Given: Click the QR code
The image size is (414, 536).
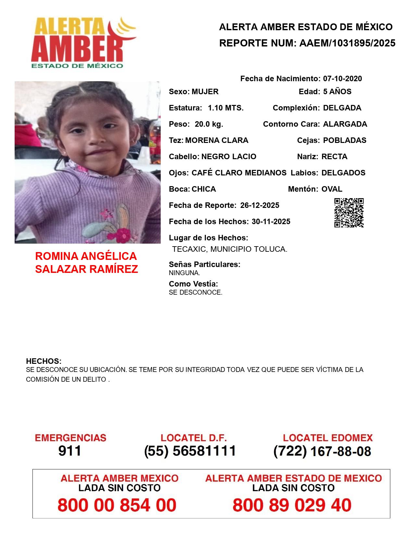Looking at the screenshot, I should point(349,213).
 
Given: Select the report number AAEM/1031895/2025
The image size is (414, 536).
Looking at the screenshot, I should point(347,43).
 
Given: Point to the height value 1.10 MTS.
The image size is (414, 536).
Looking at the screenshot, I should point(226,108).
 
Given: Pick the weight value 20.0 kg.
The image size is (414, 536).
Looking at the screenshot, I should point(209,124).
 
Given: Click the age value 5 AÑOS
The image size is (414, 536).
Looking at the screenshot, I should point(337,92).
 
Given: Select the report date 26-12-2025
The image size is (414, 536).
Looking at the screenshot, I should point(259,205).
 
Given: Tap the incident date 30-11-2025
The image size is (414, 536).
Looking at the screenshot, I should point(271,222).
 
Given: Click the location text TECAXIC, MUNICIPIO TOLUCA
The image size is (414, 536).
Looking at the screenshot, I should point(230,249).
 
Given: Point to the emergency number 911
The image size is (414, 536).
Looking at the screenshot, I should point(70,451).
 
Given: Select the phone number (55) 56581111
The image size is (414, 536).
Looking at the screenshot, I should point(190,451).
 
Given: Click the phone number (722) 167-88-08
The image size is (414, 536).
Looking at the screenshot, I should point(322,451).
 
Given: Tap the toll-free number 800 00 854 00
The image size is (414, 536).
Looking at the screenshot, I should point(117,505).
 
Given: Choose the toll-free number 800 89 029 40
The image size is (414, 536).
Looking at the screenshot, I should point(292,505).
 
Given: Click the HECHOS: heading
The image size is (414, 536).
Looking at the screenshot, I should point(44,361).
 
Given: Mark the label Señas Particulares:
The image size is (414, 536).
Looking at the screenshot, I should point(205,264).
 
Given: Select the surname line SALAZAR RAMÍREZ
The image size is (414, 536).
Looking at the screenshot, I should point(86,269).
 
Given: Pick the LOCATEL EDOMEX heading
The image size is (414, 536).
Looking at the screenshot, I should point(328,438).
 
